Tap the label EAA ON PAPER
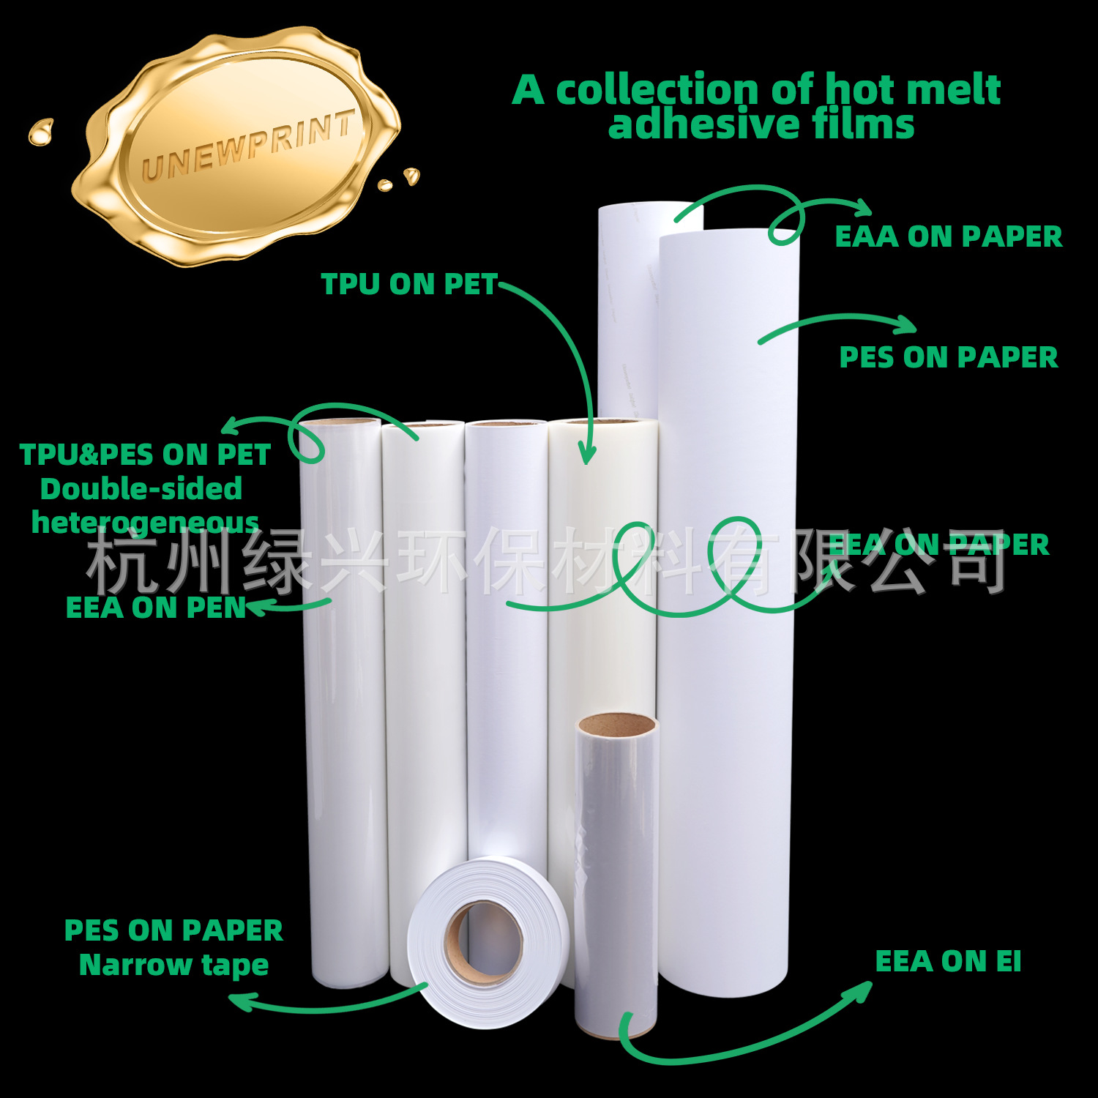point(948,236)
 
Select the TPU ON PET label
point(409,284)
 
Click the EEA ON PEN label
point(155,608)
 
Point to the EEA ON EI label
point(948,961)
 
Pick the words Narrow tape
point(173,966)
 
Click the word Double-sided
point(141,489)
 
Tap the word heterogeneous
point(145,523)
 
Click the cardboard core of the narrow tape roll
point(485,943)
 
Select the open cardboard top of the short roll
point(616,725)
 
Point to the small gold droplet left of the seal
point(40,132)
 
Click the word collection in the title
point(657,90)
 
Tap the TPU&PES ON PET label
point(145,455)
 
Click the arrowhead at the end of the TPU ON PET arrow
point(586,455)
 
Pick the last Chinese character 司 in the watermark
point(977,560)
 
